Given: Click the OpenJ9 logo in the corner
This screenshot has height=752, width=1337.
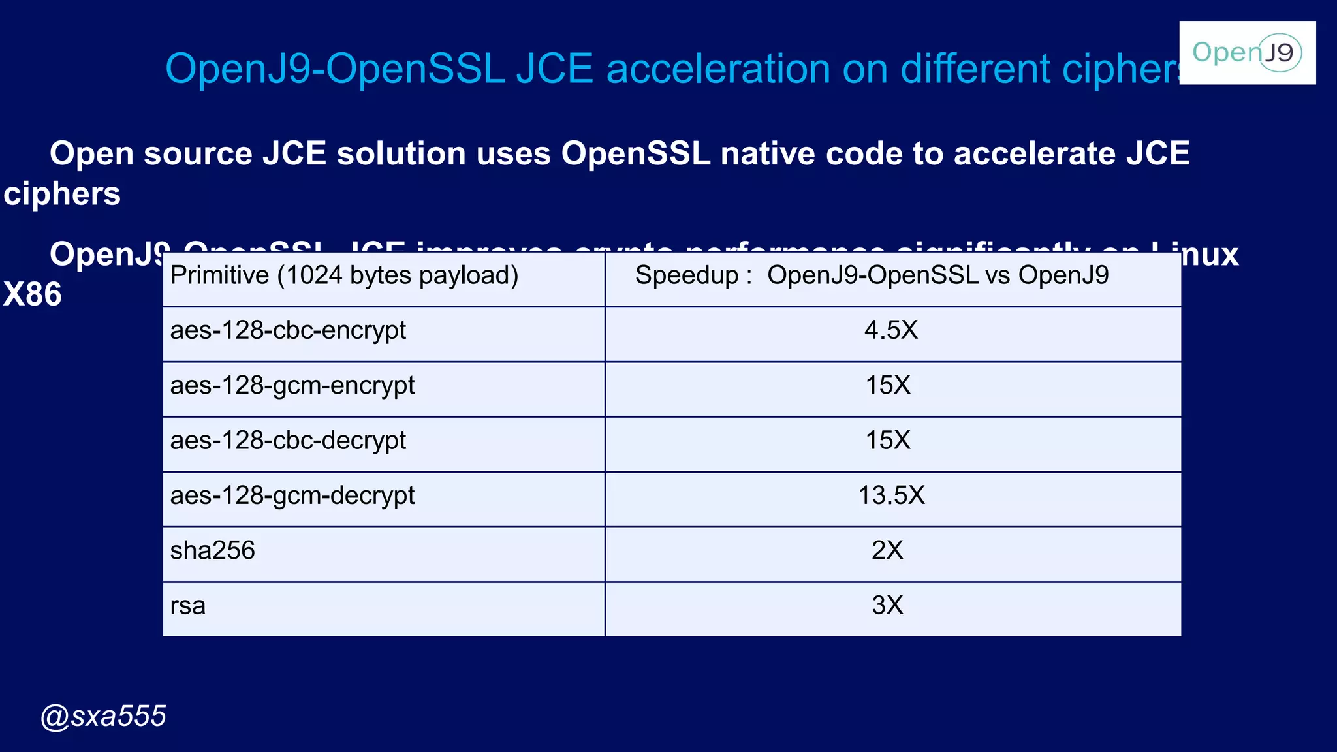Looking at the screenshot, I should pos(1247,52).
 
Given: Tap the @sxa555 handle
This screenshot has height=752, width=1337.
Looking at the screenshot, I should pos(103,716).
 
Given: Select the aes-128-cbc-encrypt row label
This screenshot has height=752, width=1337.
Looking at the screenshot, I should pos(288,330).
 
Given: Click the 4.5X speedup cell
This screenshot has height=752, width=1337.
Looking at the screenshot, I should pos(891,330).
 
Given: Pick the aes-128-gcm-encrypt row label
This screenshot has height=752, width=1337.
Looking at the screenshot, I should pos(292,385).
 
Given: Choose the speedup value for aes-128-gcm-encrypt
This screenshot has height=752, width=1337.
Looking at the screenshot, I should pos(888,385).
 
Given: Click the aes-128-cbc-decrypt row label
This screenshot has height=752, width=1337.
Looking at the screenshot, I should pos(288,441).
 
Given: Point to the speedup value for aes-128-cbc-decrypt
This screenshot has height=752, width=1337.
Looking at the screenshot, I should pos(888,441).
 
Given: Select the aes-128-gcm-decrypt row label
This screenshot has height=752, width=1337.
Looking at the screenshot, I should pos(292,495).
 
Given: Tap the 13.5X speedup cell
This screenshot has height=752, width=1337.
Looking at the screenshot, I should pos(892,495).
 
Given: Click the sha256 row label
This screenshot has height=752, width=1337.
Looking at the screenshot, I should pos(213,550).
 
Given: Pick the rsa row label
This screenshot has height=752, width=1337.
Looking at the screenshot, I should pos(188,606).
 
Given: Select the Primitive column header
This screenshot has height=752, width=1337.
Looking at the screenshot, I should pos(344,275).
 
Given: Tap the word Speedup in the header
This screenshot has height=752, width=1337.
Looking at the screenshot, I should pos(686,275).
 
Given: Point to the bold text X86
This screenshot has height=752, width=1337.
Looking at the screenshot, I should pos(33,294).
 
